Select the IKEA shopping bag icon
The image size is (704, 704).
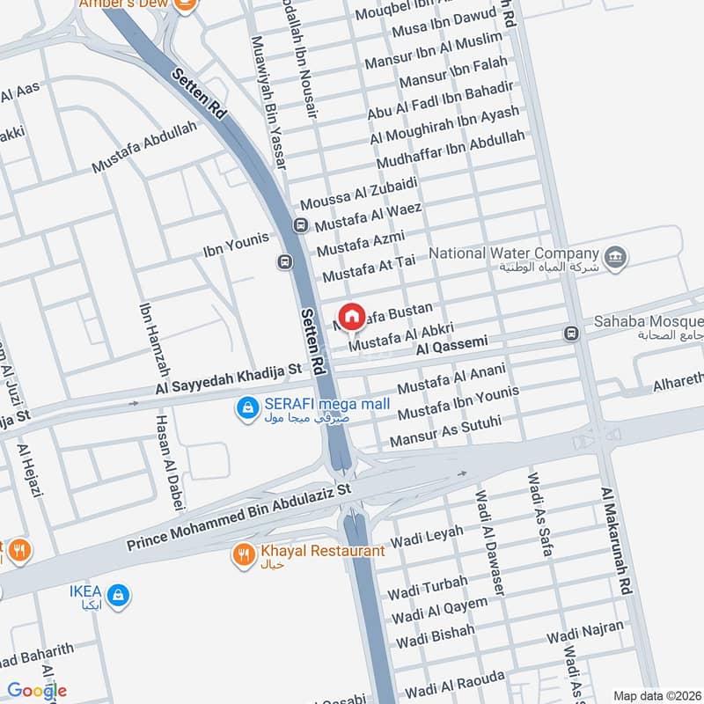(119, 596)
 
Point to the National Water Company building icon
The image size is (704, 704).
(617, 257)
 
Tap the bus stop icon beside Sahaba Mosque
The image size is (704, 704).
(571, 334)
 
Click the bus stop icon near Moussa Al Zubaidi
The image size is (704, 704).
(302, 225)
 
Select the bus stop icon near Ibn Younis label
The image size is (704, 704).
(284, 261)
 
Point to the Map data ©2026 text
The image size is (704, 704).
(656, 694)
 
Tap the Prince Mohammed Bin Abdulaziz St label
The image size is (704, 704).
(238, 517)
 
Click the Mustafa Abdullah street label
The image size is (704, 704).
(143, 148)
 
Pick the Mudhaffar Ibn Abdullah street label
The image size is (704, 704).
(451, 150)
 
